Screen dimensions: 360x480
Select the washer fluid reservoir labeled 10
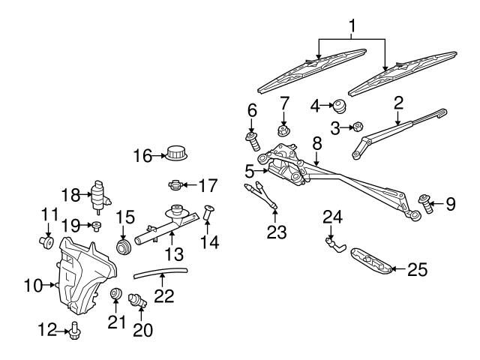(x=82, y=274)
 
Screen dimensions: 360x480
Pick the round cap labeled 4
(x=338, y=106)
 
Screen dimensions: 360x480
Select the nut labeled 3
(x=358, y=128)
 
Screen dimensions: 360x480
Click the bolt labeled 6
(x=252, y=139)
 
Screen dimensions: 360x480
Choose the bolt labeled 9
(x=427, y=202)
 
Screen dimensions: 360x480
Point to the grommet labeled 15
(x=122, y=247)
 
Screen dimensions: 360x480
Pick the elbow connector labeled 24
(x=331, y=243)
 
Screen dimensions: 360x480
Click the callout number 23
(x=277, y=232)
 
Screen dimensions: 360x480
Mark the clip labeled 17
(x=174, y=183)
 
